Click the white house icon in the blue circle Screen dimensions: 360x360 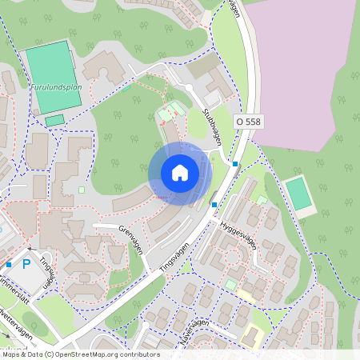(x=180, y=173)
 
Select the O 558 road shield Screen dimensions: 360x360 (x=248, y=121)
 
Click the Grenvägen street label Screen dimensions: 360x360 (x=130, y=239)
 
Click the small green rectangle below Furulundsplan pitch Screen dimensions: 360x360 (x=54, y=121)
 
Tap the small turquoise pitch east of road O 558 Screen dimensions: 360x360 (x=298, y=194)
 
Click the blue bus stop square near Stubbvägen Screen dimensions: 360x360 (x=235, y=164)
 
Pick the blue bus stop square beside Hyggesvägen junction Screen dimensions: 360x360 (x=214, y=205)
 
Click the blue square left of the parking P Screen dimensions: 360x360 (x=9, y=264)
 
